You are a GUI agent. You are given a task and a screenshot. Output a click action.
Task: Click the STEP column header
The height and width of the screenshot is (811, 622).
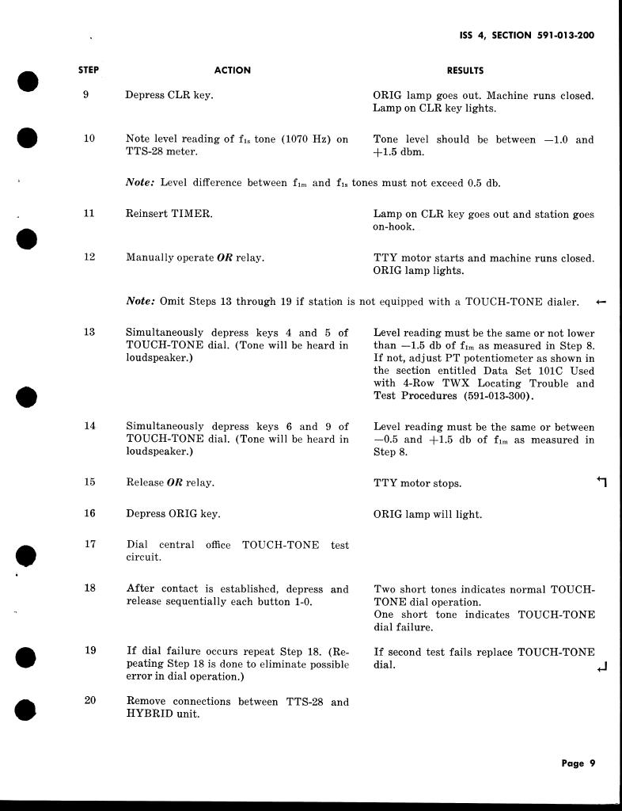click(89, 70)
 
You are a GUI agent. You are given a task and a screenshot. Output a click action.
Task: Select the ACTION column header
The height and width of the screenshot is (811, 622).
click(233, 70)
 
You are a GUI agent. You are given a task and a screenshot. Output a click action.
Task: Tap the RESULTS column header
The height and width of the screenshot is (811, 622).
click(465, 70)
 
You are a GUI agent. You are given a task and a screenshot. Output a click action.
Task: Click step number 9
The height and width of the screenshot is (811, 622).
click(89, 95)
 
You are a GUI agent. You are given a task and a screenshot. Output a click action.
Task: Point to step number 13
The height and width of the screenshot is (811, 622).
click(89, 333)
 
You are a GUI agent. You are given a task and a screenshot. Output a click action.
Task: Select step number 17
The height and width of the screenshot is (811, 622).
click(89, 544)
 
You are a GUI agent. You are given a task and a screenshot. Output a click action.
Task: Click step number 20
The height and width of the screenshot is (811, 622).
click(89, 701)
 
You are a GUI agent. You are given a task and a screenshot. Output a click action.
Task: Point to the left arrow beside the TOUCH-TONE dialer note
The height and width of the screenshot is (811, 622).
click(601, 302)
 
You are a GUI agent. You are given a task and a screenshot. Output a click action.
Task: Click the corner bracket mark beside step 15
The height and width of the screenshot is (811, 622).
click(601, 482)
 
